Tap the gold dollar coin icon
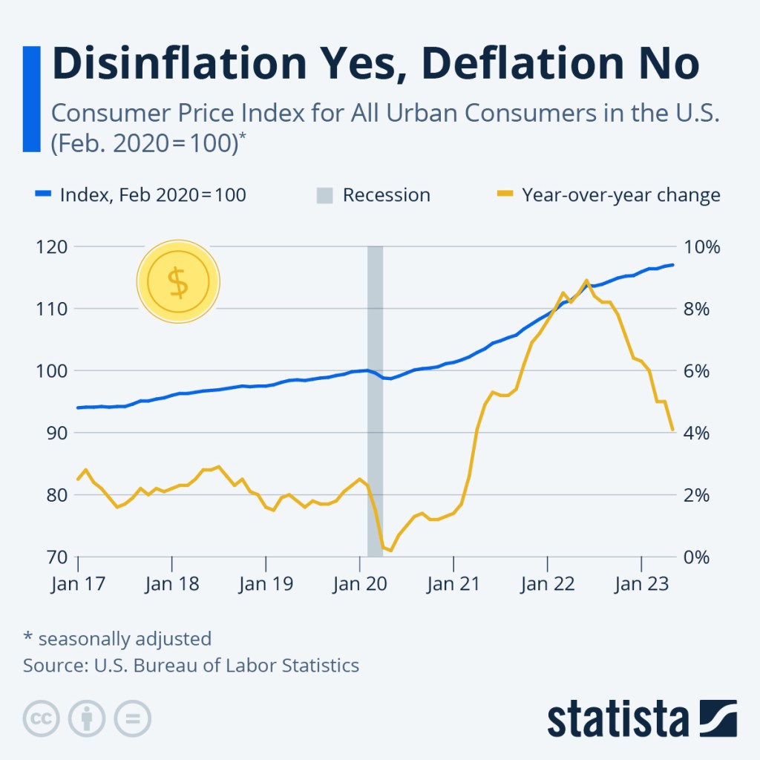pos(178,282)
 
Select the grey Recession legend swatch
pos(324,195)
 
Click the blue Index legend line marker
pos(43,195)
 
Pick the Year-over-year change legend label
pos(621,195)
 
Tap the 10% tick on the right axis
pos(701,246)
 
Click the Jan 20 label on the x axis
pos(359,583)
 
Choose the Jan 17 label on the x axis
pos(78,583)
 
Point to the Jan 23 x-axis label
pos(641,583)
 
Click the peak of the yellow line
pos(586,281)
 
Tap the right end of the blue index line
pos(672,265)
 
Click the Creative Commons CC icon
pos(42,718)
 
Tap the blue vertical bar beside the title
pos(31,99)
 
